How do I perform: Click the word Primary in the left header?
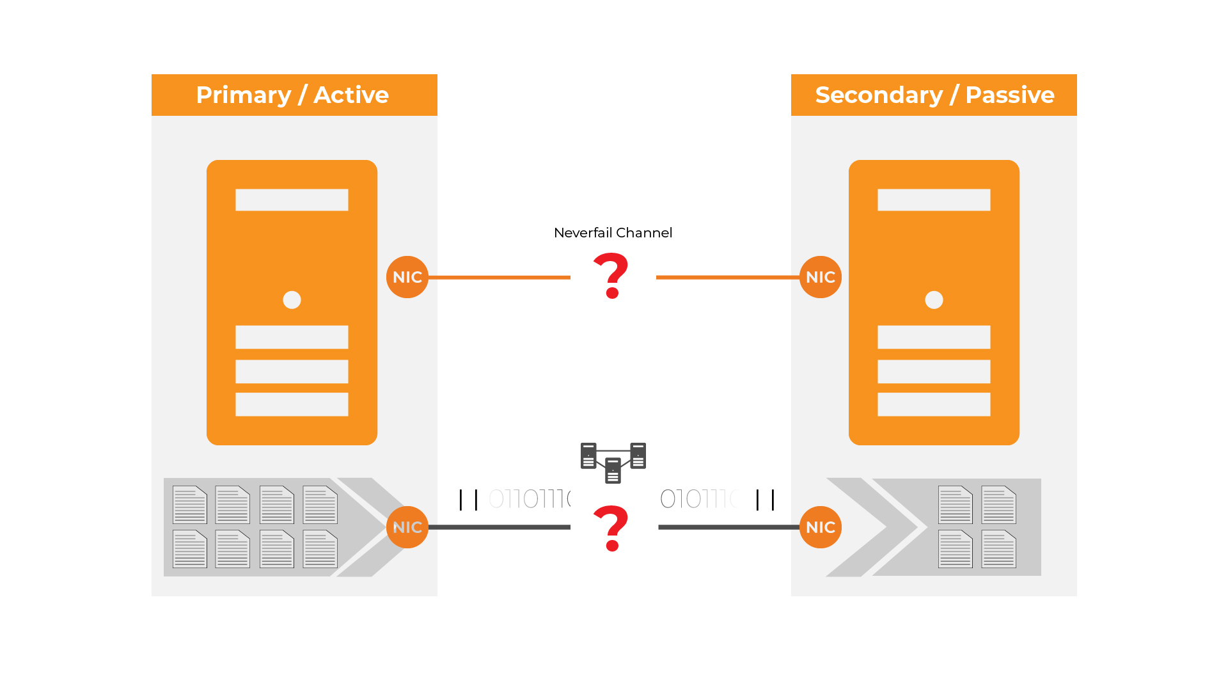(243, 95)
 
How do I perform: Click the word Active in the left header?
(351, 95)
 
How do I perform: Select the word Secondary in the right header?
(879, 95)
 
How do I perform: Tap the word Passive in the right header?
(1009, 95)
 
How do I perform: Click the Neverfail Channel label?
(613, 233)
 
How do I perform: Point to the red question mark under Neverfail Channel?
(611, 275)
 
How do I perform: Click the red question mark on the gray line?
(611, 528)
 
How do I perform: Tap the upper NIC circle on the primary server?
(407, 277)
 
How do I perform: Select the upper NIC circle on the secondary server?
(821, 277)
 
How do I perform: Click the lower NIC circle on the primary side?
(407, 527)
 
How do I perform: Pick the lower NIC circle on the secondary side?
(821, 527)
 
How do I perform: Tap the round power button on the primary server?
(292, 300)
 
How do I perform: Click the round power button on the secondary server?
(934, 300)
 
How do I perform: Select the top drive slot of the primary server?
(292, 200)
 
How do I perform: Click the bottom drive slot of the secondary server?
(934, 404)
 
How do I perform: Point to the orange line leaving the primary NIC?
(499, 277)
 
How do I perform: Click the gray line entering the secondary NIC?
(729, 527)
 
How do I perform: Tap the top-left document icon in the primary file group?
(190, 505)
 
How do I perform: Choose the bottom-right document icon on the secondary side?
(998, 549)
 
